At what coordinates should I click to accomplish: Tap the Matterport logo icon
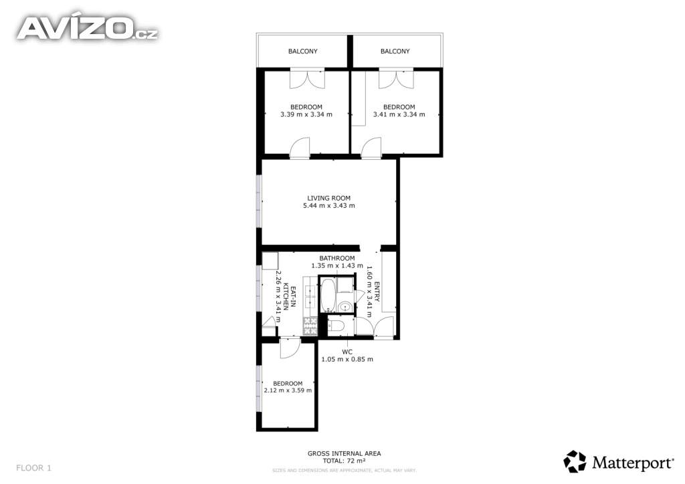pos(574,461)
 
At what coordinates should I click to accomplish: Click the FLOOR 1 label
pos(33,468)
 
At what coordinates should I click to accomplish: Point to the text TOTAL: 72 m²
pos(344,461)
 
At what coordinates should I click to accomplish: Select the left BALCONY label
pos(303,51)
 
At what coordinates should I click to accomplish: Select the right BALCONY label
pos(395,51)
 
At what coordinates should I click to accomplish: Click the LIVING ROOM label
pos(328,198)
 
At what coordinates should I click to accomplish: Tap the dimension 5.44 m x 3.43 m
pos(329,205)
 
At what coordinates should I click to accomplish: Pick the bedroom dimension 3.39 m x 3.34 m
pos(306,114)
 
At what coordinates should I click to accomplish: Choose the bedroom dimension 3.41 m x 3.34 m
pos(399,114)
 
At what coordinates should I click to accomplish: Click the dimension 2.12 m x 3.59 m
pos(288,390)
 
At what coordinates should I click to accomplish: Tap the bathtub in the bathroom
pos(328,295)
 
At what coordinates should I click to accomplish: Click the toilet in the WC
pos(337,326)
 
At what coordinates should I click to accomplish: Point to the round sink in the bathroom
pos(345,306)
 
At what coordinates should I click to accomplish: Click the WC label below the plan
pos(347,352)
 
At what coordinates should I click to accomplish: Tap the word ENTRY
pos(377,291)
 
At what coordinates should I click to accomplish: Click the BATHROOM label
pos(337,258)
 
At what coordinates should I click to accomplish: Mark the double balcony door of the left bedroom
pos(308,79)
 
